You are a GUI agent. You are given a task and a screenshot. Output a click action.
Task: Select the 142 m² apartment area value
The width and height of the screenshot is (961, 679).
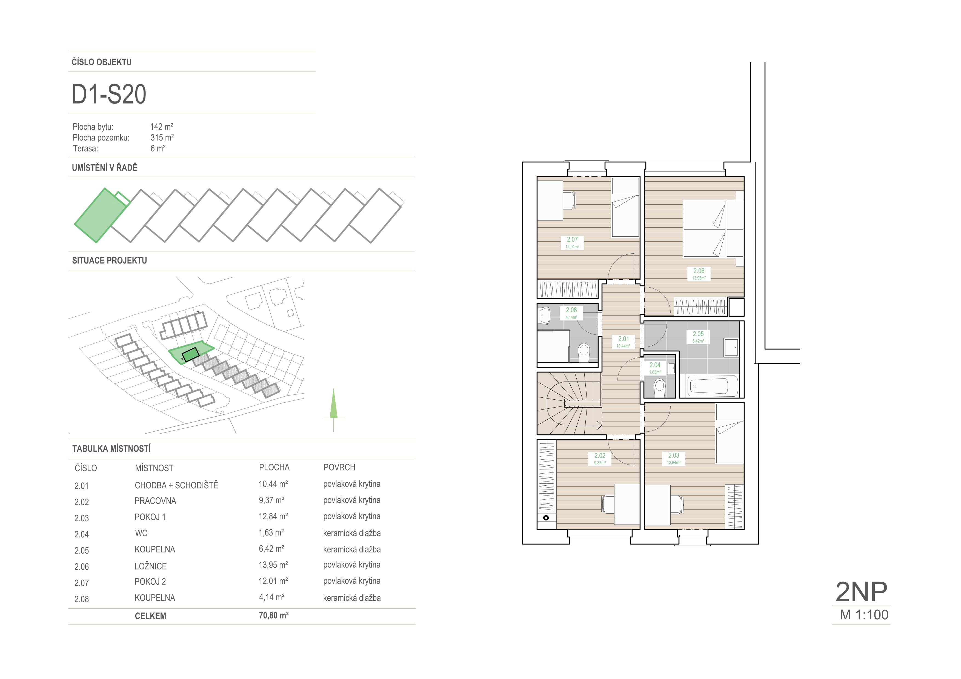162,126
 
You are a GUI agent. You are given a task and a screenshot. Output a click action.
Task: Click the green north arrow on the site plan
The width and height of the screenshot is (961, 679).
334,404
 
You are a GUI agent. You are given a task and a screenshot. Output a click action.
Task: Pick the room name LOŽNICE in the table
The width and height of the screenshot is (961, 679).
151,566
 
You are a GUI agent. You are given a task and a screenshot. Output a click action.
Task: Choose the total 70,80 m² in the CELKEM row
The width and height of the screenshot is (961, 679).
274,615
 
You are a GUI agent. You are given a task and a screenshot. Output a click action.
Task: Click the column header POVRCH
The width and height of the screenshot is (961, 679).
339,467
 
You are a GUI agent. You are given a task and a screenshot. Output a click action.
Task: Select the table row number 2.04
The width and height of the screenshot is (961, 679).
82,534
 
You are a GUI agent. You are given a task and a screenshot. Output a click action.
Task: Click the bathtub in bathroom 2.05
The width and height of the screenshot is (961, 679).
713,386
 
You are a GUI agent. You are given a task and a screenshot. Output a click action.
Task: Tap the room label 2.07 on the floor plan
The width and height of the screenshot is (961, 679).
572,240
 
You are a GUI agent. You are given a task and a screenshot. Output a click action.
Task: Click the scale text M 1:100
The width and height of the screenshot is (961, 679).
864,615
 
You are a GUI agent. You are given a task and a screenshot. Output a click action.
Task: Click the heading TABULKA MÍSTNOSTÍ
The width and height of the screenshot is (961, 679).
111,448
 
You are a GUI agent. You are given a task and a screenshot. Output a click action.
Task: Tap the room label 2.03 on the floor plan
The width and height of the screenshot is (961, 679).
673,455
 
